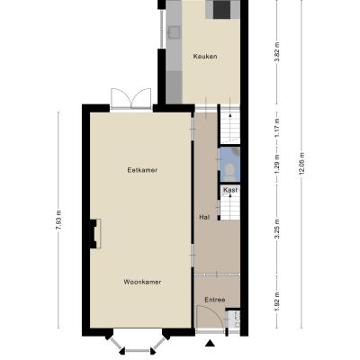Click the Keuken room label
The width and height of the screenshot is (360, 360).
coord(205,57)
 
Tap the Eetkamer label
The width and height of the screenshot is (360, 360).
coord(142,170)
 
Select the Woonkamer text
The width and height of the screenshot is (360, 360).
coord(142,282)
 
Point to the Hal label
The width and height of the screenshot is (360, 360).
coord(204,217)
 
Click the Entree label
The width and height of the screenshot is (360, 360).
coord(215,300)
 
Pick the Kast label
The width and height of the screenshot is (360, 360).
coord(230,190)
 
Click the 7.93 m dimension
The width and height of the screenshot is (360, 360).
coord(58,220)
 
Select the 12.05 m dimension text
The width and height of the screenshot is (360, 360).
coord(301,166)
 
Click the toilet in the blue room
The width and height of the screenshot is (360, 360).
coord(230,172)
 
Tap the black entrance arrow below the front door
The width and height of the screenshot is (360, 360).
coord(211,343)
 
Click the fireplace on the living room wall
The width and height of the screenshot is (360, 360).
coord(95,234)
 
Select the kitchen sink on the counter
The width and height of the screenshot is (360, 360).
coord(174,31)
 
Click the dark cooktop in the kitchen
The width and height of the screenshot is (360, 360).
coord(222,9)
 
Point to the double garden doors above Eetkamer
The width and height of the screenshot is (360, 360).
coord(131,98)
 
